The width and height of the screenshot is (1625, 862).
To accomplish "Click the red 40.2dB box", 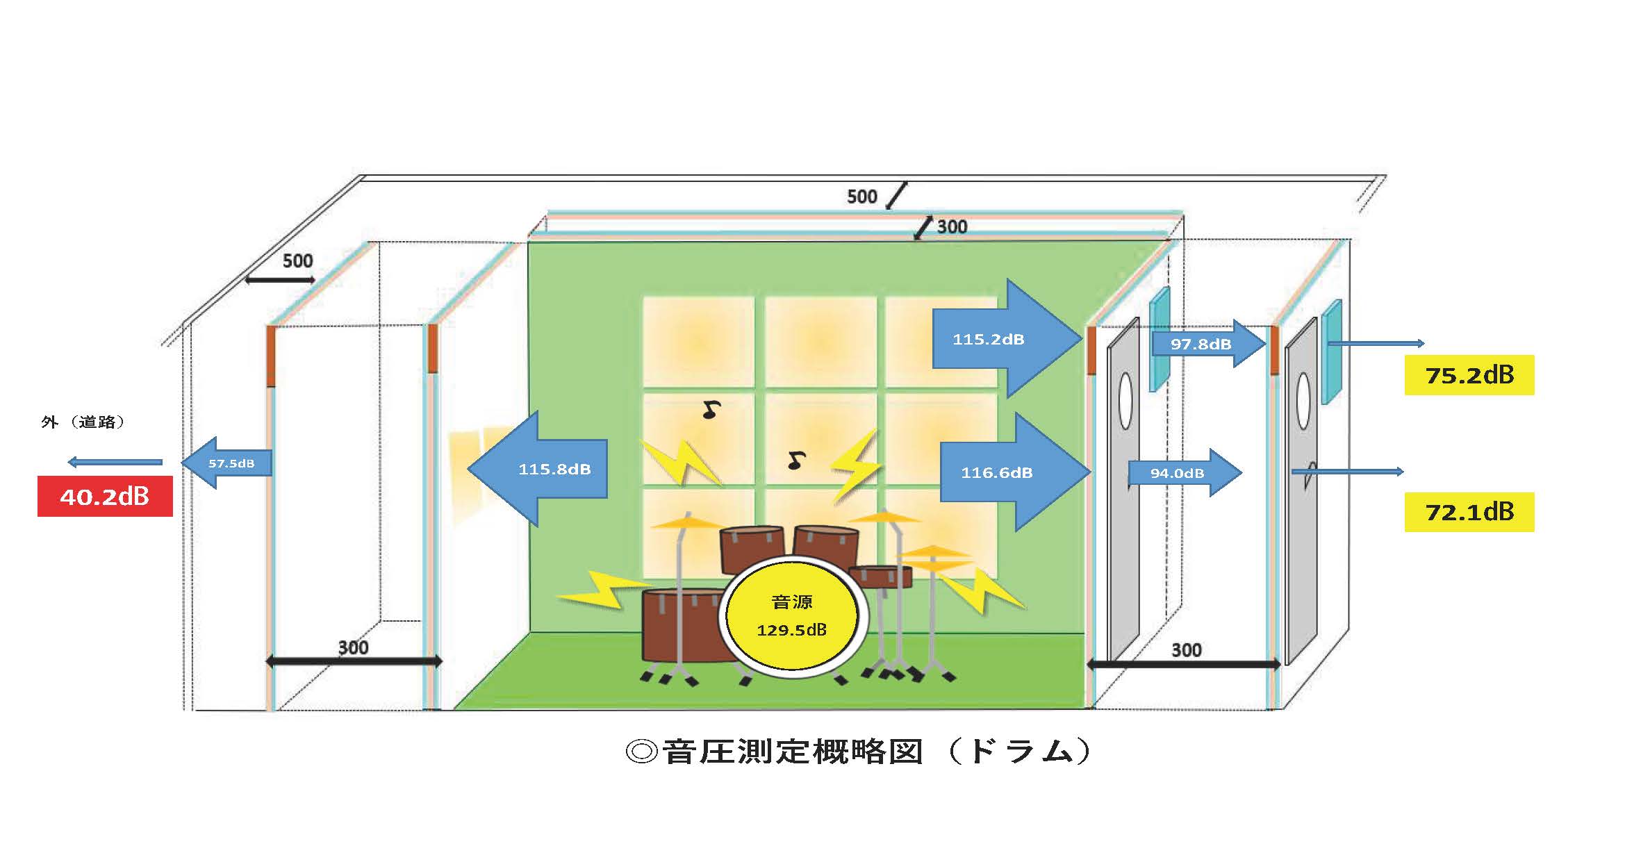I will tap(105, 496).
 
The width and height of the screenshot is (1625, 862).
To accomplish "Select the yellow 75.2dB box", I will tap(1469, 375).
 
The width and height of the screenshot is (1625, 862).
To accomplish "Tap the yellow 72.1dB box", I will tap(1469, 512).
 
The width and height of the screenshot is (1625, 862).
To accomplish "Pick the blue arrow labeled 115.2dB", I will tap(1000, 339).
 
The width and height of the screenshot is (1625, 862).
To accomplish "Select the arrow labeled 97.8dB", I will tap(1205, 344).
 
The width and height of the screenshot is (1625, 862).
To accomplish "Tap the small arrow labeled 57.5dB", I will tap(227, 463).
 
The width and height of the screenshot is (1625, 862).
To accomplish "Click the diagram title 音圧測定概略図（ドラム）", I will tap(858, 752).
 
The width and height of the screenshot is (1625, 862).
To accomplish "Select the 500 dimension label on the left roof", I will tap(297, 261).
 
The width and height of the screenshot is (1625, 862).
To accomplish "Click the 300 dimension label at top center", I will tap(952, 227).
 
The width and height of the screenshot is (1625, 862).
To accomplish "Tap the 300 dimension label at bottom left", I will tap(353, 647).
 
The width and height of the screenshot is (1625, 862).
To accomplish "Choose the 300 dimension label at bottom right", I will tap(1186, 650).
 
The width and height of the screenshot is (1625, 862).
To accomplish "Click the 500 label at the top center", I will tap(861, 197).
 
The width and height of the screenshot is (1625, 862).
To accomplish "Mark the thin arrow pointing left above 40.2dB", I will tap(115, 462).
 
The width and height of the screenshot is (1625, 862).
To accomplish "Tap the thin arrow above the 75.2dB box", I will tap(1376, 343).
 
